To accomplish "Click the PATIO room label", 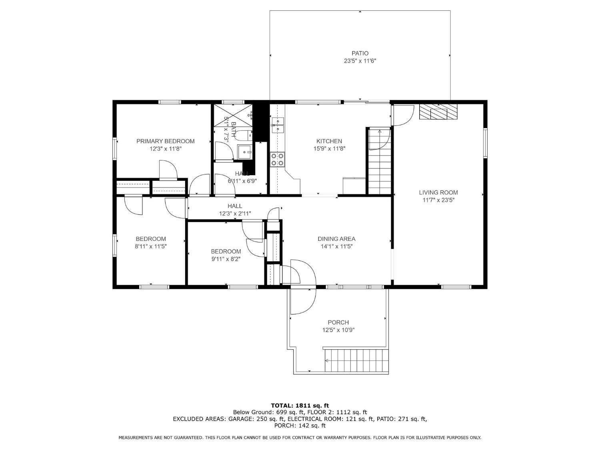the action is click(x=360, y=53).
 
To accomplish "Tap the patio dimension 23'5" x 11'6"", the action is click(x=360, y=61).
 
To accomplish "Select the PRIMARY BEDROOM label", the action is click(x=165, y=141).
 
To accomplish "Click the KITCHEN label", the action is click(x=329, y=141).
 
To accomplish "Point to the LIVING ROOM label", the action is click(x=438, y=192).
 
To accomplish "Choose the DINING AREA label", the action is click(x=336, y=239).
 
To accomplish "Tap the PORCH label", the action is click(x=338, y=322).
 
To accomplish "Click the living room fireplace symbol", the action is click(x=438, y=112).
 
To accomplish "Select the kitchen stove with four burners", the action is click(x=278, y=160).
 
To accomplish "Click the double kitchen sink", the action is click(x=278, y=125).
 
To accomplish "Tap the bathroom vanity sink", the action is click(x=244, y=152).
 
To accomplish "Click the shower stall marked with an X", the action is click(x=233, y=116).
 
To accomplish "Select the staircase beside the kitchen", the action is click(x=380, y=162).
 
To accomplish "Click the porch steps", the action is click(x=356, y=360).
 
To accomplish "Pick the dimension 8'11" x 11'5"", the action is click(x=151, y=246).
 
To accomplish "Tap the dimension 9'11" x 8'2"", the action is click(x=226, y=259).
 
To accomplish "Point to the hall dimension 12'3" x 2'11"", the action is click(x=235, y=214).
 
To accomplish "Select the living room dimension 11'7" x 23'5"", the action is click(x=438, y=200).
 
